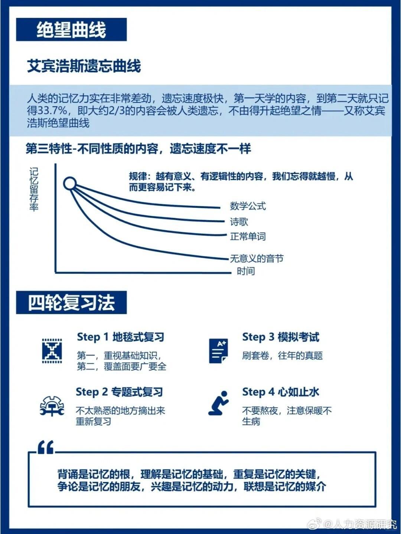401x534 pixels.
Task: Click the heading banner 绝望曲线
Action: coord(71,30)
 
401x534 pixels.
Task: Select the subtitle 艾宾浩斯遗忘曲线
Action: coord(84,66)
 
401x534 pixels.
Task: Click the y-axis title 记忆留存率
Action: coord(34,189)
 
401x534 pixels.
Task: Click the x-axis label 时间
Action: coord(246,271)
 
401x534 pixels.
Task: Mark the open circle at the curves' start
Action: coord(70,183)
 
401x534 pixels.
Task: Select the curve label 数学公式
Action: coord(248,206)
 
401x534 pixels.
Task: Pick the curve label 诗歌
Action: coord(239,222)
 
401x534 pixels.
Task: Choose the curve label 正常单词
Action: coord(248,236)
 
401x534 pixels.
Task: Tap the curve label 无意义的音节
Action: coord(257,258)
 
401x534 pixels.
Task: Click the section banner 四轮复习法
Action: coord(71,302)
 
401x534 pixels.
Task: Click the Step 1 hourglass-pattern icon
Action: coord(52,351)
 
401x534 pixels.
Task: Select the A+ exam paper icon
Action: coord(218,351)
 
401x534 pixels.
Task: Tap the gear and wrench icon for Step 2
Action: coord(52,406)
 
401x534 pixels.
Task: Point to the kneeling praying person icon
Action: coord(218,403)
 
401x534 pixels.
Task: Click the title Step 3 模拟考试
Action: coord(280,337)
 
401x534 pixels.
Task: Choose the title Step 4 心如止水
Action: coord(280,392)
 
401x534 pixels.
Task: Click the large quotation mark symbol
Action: coord(46,447)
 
